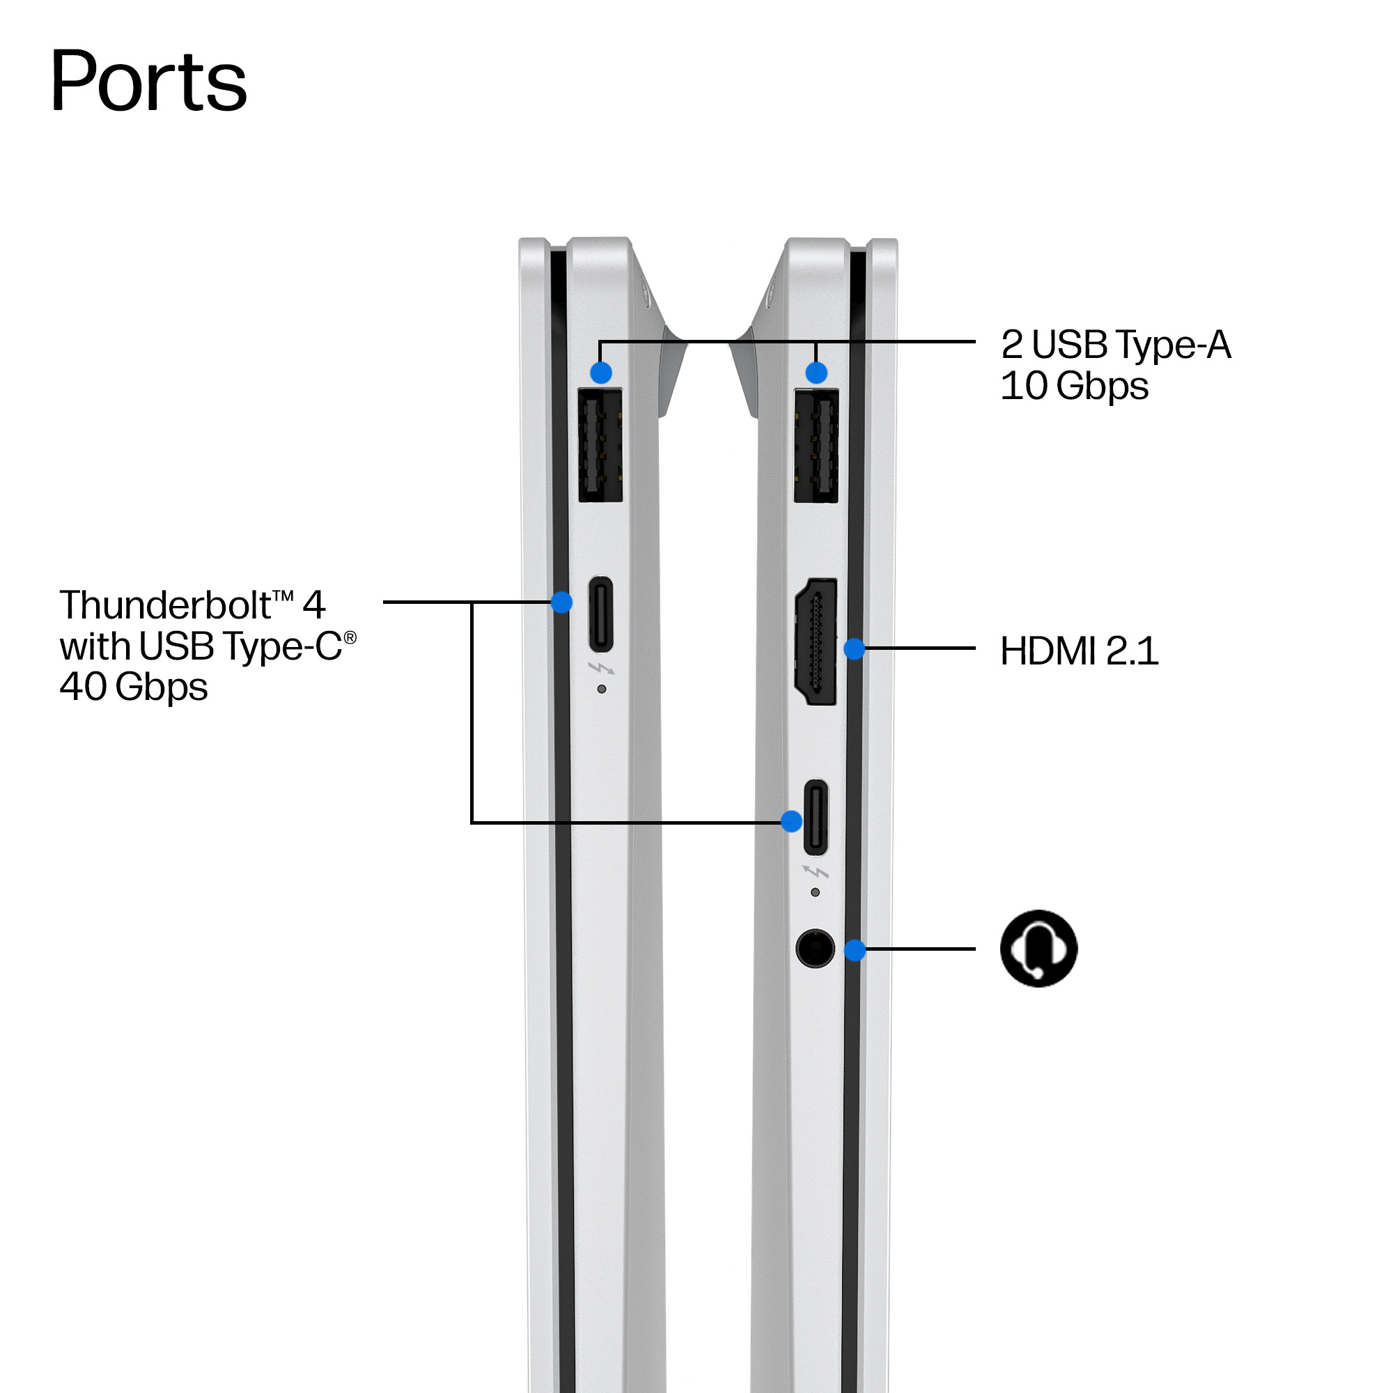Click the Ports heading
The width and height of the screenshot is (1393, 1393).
coord(148,81)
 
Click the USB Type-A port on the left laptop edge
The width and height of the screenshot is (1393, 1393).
coord(600,445)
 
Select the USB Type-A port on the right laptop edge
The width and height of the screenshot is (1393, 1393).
coord(816,445)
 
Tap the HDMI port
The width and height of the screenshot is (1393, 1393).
coord(816,641)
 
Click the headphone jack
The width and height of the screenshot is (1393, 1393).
coord(815,948)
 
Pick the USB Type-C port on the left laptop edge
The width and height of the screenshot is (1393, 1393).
coord(601,614)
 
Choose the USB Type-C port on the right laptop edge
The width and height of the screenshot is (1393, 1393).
coord(816,817)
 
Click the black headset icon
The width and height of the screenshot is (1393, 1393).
coord(1038,948)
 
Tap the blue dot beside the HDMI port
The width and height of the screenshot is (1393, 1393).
coord(854,648)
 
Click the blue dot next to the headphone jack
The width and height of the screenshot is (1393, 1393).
coord(855,949)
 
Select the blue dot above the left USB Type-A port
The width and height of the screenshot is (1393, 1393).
coord(600,373)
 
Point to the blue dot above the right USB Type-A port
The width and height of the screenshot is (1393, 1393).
coord(816,373)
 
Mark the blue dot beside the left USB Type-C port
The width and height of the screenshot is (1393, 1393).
coord(561,602)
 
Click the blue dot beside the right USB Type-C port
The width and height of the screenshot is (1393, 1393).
coord(792,821)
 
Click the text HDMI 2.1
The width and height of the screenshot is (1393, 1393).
coord(1080,651)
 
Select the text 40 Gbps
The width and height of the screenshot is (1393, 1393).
coord(134,687)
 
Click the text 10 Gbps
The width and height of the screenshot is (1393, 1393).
coord(1074,387)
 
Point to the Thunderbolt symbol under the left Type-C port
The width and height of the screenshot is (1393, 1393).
coord(601,669)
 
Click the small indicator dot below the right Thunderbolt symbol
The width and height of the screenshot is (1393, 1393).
coord(815,892)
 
